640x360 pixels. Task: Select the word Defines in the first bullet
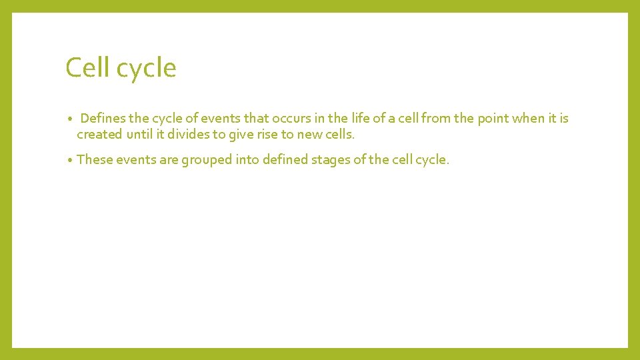103,119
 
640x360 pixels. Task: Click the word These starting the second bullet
95,160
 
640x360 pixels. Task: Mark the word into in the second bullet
247,160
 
